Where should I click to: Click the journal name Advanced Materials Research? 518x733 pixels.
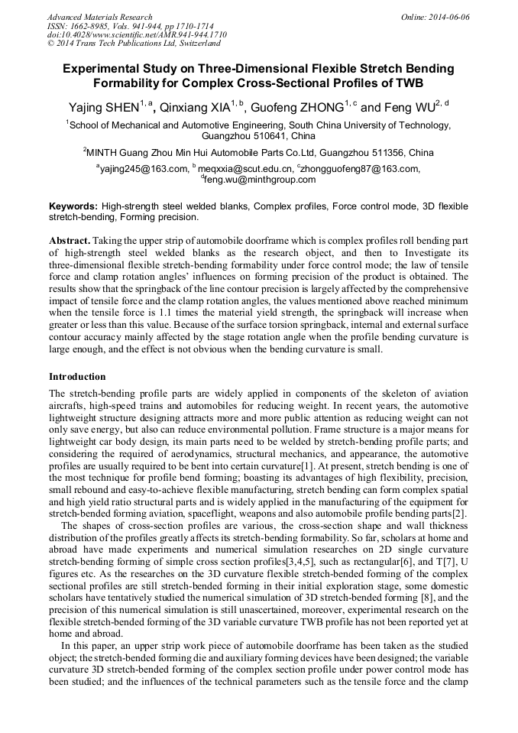click(99, 17)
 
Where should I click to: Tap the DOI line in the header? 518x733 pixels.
click(126, 35)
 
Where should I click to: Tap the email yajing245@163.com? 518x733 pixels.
click(145, 169)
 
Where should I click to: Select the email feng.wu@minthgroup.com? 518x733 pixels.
click(260, 180)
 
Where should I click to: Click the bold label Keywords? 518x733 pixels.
click(73, 206)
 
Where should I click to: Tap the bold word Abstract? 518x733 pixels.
click(70, 240)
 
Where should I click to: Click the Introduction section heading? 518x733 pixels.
click(77, 377)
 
